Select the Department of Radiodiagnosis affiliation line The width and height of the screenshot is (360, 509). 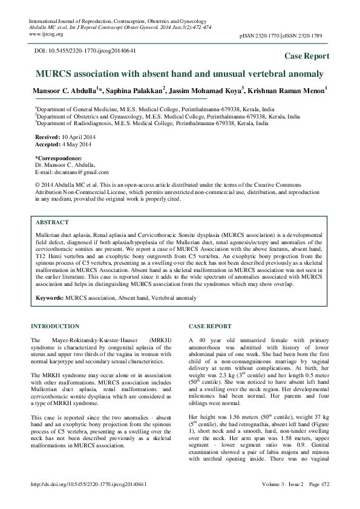click(151, 122)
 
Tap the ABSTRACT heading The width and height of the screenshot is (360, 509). click(52, 222)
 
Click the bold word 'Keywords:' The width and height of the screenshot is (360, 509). click(50, 299)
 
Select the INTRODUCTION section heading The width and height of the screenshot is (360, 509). click(54, 326)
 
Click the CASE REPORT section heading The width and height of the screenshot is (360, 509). click(210, 326)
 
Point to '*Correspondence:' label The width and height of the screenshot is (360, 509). click(59, 158)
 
